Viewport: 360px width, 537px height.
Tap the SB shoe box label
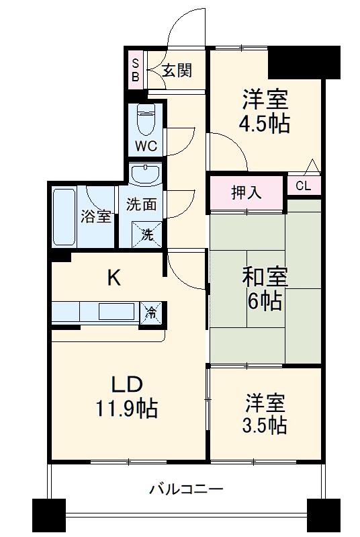(x=135, y=69)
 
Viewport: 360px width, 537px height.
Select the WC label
(x=147, y=144)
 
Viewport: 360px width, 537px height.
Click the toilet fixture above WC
(x=146, y=119)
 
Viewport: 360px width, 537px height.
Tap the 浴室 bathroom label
(x=97, y=217)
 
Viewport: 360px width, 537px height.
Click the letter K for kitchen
(x=115, y=278)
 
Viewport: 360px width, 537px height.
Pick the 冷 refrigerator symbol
(x=152, y=313)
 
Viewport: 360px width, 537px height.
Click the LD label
(x=126, y=385)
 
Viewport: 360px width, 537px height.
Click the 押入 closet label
(x=246, y=192)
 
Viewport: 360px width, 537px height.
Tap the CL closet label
(x=304, y=185)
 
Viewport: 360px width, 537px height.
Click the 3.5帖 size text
(x=264, y=425)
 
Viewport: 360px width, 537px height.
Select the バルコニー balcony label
(x=186, y=489)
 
